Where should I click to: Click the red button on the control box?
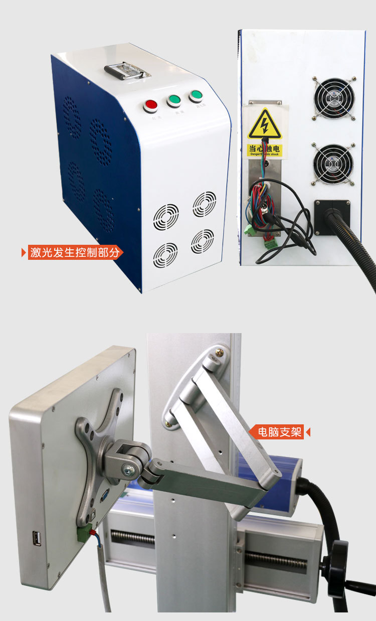[x=150, y=105]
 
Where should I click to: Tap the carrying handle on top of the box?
[x=127, y=71]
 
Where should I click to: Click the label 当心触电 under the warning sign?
[x=265, y=149]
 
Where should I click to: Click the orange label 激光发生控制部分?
[x=75, y=252]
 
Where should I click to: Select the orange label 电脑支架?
[x=280, y=431]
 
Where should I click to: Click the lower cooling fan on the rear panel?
[x=333, y=164]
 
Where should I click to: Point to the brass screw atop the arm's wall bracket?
[x=220, y=354]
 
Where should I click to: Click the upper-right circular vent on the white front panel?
[x=205, y=204]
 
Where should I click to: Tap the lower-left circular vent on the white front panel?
[x=165, y=255]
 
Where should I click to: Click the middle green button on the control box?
[x=174, y=100]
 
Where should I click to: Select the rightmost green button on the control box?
[x=196, y=96]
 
